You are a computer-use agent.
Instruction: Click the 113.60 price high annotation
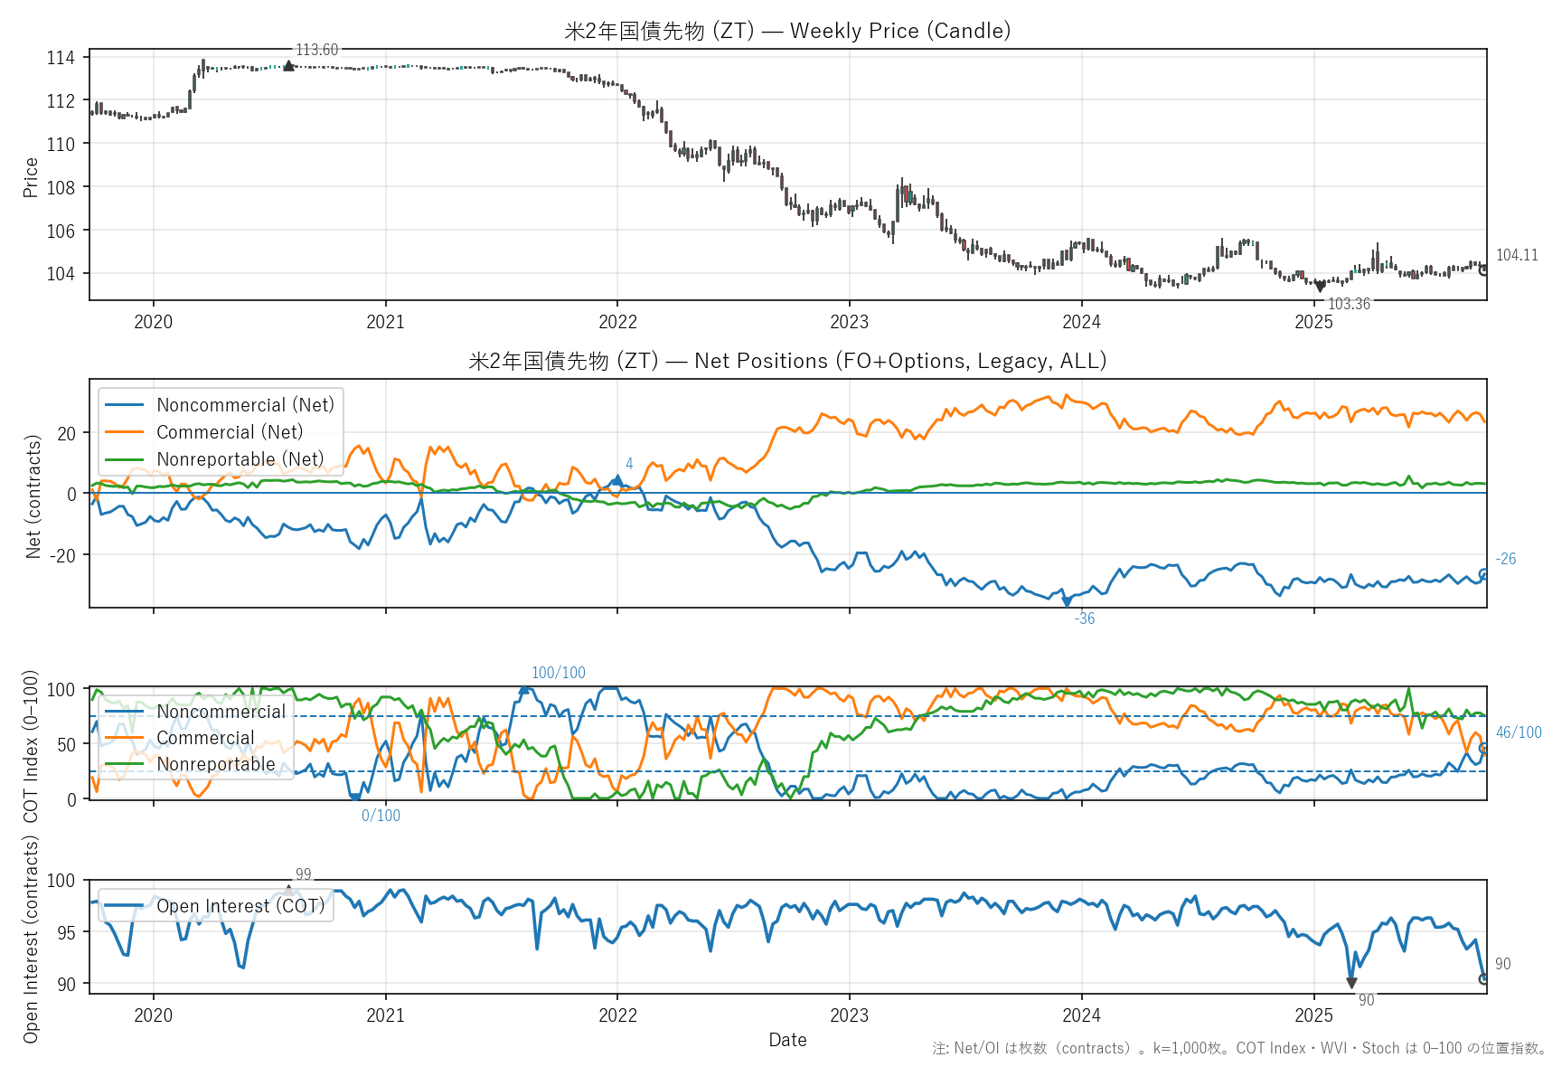click(x=316, y=50)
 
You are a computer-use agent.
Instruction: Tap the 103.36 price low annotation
click(x=1349, y=304)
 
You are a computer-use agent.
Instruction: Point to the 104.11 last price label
click(x=1516, y=255)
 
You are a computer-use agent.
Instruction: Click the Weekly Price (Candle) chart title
click(x=787, y=31)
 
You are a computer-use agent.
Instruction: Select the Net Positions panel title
click(x=787, y=361)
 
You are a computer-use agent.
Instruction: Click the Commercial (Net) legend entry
click(x=229, y=432)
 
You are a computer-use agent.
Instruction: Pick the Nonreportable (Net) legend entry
click(x=240, y=459)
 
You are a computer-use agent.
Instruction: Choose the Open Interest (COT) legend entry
click(x=240, y=906)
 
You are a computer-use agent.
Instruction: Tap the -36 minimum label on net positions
click(x=1084, y=618)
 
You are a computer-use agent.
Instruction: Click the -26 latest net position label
click(x=1505, y=559)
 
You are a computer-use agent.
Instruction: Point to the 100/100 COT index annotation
click(x=558, y=673)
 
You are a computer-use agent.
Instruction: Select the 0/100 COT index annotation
click(x=381, y=816)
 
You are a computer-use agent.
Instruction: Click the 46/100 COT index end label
click(x=1519, y=732)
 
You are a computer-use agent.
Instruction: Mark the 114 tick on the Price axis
click(x=61, y=58)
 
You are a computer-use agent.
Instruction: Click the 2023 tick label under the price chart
click(x=849, y=322)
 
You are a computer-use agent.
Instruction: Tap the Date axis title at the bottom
click(x=787, y=1040)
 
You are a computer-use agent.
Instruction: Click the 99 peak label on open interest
click(x=303, y=874)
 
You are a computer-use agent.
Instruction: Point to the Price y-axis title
click(x=31, y=177)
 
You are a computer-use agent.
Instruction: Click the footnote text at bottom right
click(x=1239, y=1048)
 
